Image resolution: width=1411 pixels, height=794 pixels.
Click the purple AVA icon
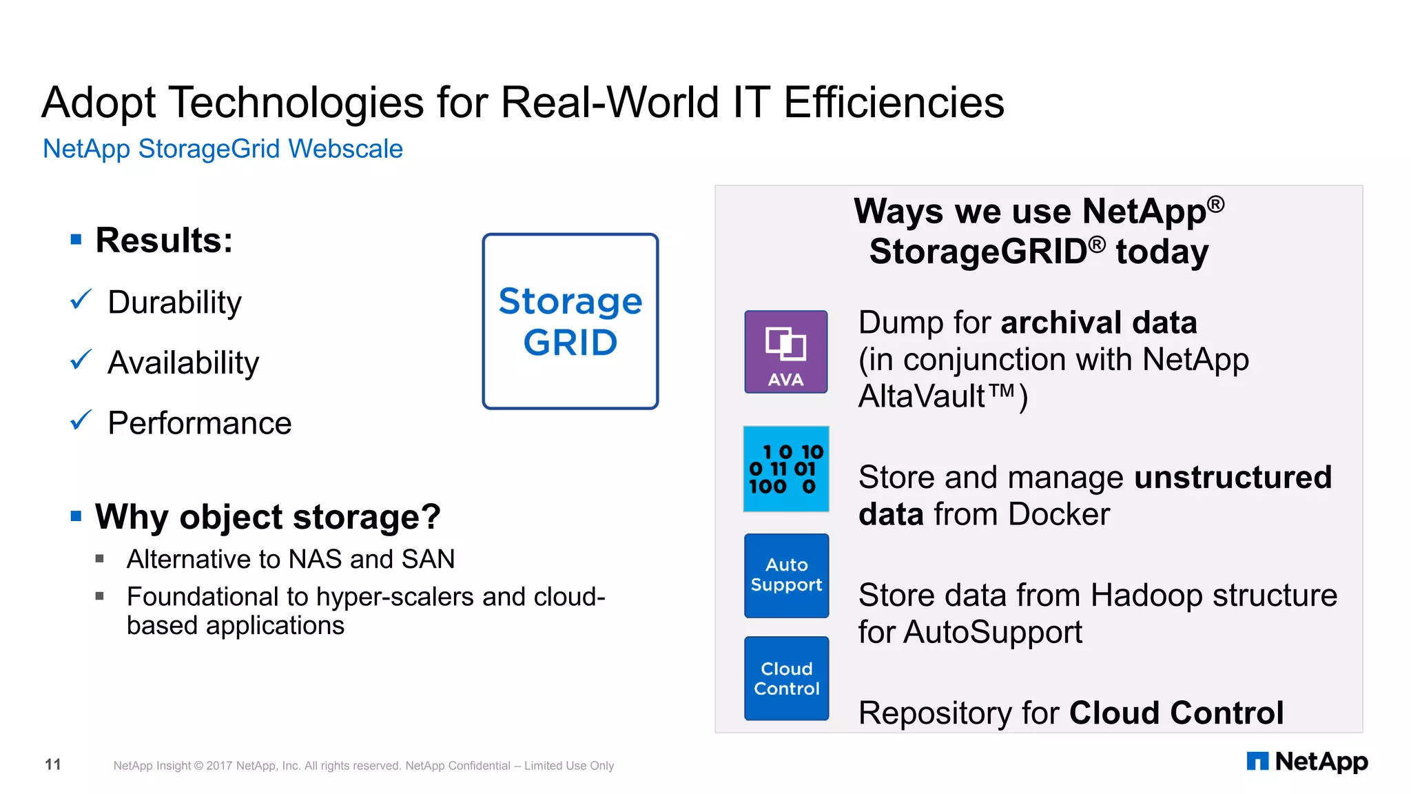785,352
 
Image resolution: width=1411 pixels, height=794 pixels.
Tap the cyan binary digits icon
785,469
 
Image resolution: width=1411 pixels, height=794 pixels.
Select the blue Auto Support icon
786,576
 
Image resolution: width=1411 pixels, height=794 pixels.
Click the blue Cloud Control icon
786,678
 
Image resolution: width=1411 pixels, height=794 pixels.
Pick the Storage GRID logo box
570,321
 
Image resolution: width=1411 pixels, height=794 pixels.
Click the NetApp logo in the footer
1307,762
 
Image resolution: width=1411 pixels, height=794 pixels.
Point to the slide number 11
53,764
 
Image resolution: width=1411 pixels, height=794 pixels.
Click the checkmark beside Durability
81,300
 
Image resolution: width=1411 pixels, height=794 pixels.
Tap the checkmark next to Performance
81,420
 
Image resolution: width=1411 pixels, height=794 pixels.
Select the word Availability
183,363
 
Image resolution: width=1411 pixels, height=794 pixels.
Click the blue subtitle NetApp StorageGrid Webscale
223,149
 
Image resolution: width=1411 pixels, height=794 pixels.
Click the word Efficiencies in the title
894,103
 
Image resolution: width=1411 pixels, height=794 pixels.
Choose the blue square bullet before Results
76,240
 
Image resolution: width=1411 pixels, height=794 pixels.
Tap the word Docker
1059,514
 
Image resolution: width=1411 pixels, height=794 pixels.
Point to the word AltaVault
921,396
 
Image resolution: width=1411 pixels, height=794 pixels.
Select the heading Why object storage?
267,517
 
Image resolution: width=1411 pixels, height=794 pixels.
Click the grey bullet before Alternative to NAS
100,559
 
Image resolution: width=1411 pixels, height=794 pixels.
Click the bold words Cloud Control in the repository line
1176,713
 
